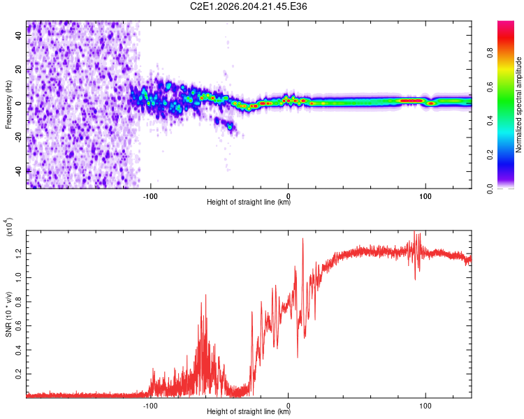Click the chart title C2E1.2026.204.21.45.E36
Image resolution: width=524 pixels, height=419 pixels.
click(x=248, y=6)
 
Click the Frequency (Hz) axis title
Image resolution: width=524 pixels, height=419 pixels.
click(x=8, y=105)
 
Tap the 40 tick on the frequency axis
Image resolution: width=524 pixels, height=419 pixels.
click(x=18, y=35)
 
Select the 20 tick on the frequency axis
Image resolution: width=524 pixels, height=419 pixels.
click(x=18, y=69)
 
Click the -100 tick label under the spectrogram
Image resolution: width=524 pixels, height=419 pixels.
click(x=150, y=196)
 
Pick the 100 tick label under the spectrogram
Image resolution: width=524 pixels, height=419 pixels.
click(x=425, y=196)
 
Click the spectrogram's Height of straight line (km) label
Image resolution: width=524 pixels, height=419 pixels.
click(x=249, y=202)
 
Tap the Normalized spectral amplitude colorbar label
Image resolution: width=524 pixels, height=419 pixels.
click(x=518, y=105)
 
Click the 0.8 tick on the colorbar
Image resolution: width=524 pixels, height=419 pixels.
click(x=490, y=53)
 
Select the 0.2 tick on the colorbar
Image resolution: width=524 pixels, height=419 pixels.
click(x=490, y=155)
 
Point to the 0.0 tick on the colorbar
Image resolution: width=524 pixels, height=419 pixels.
click(x=490, y=189)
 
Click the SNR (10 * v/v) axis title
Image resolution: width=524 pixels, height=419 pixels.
click(x=8, y=314)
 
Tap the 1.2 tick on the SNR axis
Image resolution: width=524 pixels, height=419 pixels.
click(x=18, y=253)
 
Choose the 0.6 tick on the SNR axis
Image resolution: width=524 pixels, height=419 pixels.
click(x=18, y=326)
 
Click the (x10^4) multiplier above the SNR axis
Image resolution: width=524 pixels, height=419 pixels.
click(x=8, y=227)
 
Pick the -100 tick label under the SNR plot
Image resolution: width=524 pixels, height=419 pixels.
click(x=150, y=406)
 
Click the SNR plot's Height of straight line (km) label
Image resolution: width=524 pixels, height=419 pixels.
click(x=249, y=411)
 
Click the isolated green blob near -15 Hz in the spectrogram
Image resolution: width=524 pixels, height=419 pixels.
click(x=230, y=127)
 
